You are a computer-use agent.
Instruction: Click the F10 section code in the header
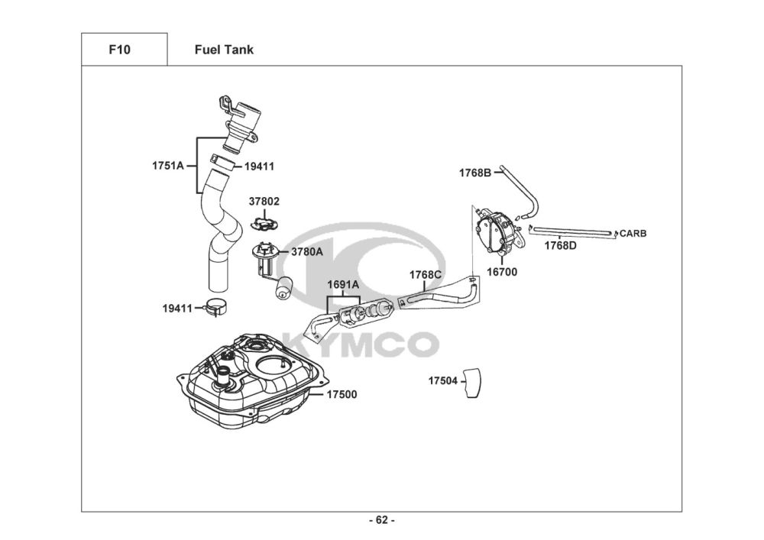[119, 50]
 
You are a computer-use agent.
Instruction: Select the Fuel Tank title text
[224, 50]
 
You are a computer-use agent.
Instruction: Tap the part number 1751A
[167, 166]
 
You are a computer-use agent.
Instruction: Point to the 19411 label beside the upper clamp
[259, 167]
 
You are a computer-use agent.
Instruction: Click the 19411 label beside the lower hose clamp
[177, 309]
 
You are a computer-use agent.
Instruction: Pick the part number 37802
[264, 201]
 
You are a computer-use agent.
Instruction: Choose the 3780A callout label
[307, 252]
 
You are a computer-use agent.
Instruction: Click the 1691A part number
[343, 284]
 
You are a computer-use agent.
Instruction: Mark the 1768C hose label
[426, 275]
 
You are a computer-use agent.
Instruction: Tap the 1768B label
[475, 173]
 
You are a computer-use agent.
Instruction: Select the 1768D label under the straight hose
[560, 245]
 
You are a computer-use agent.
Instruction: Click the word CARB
[633, 234]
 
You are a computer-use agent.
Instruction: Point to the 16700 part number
[502, 272]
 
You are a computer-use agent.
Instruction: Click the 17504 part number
[443, 380]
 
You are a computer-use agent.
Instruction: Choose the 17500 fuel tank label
[342, 394]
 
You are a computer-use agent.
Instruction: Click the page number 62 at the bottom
[382, 520]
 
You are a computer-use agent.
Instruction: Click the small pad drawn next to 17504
[471, 383]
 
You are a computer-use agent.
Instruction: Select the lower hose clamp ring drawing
[215, 307]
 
